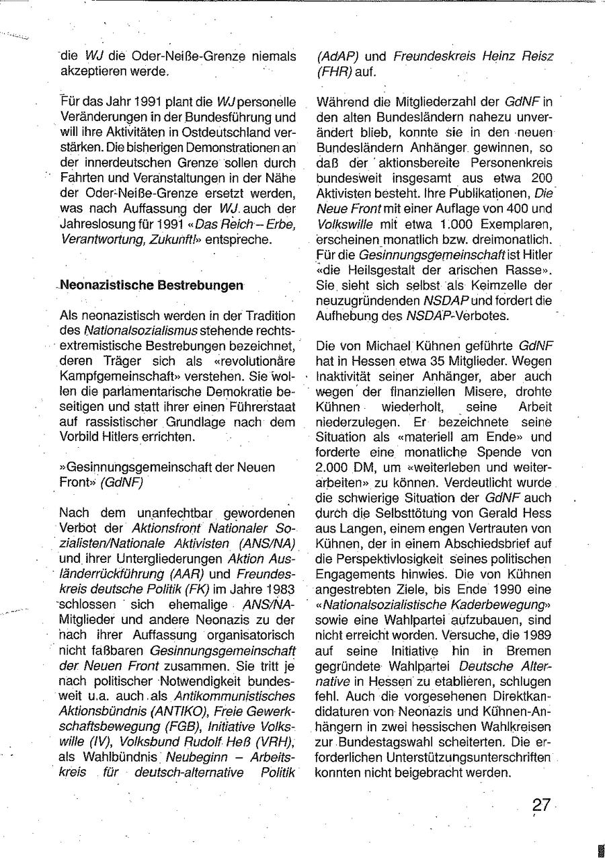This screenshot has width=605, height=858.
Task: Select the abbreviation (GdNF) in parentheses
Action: (x=122, y=482)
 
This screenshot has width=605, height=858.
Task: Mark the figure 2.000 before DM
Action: (x=336, y=467)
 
